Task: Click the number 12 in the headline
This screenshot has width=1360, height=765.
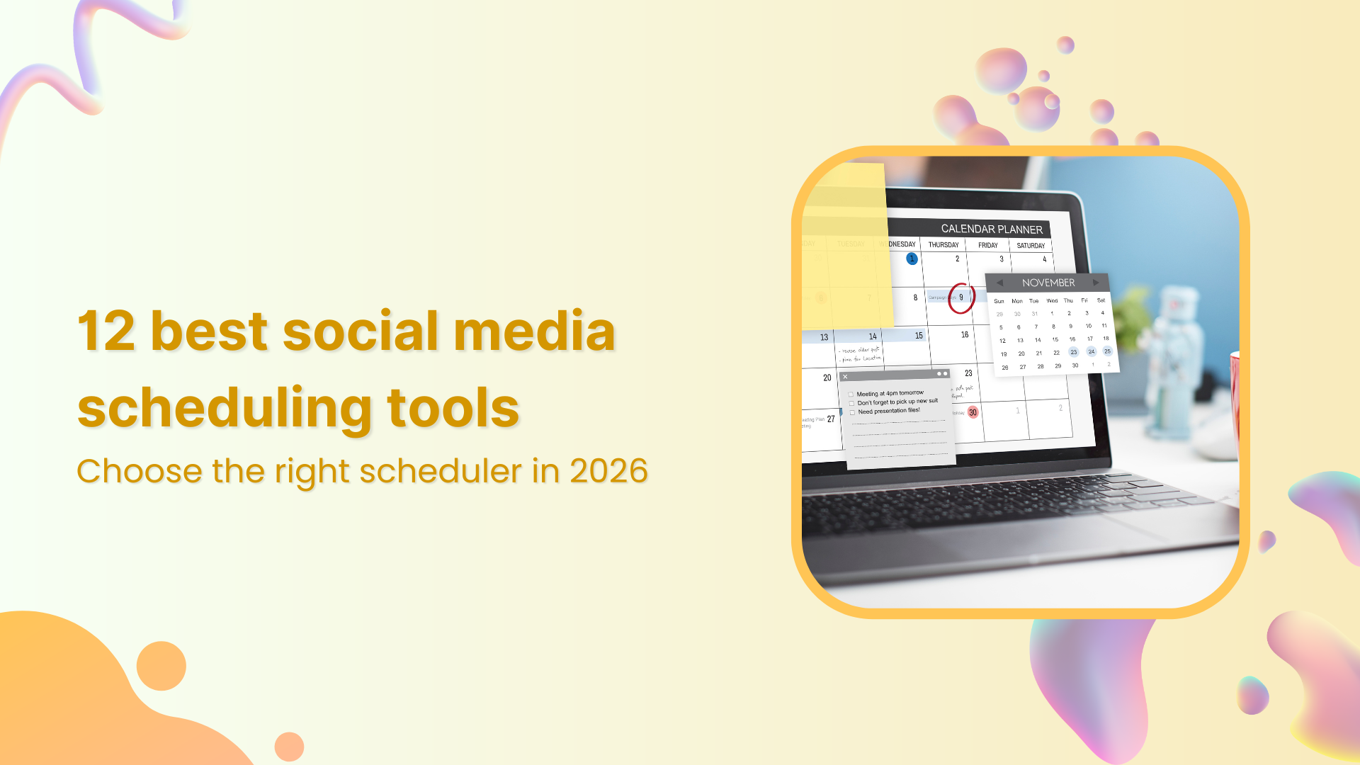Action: [x=106, y=331]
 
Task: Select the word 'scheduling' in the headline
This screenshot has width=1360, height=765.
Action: [x=225, y=409]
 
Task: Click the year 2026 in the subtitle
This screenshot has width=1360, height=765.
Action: [x=608, y=471]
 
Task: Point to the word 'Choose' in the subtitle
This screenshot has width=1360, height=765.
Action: [x=140, y=471]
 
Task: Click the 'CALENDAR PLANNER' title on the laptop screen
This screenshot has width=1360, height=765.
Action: [x=991, y=229]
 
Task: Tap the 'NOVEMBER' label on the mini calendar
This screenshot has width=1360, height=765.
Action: [x=1048, y=283]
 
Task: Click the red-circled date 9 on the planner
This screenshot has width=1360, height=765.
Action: [x=961, y=297]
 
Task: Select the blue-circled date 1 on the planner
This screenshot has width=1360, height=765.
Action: [x=912, y=259]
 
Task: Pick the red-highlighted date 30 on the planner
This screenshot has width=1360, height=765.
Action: [x=973, y=412]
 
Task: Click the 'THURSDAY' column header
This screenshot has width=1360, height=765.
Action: [x=943, y=245]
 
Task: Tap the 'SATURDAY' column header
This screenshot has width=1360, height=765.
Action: [x=1031, y=246]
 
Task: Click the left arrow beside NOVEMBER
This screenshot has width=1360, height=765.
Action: [x=999, y=283]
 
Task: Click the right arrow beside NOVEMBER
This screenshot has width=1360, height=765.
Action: [x=1096, y=283]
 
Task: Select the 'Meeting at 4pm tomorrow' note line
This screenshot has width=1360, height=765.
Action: [x=890, y=393]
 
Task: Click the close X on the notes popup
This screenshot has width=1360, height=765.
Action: [x=845, y=377]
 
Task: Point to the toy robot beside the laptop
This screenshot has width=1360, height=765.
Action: [x=1177, y=354]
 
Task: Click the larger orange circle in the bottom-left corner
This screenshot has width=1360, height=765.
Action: [x=161, y=666]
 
